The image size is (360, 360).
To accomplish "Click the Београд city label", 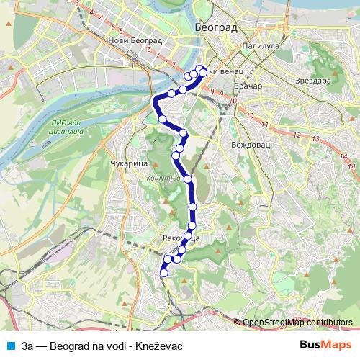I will pos(215,27).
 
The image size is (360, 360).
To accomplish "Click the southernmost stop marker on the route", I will pos(163,272).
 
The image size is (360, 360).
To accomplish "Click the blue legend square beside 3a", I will pos(9,346).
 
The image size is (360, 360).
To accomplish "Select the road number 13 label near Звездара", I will pos(315,138).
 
